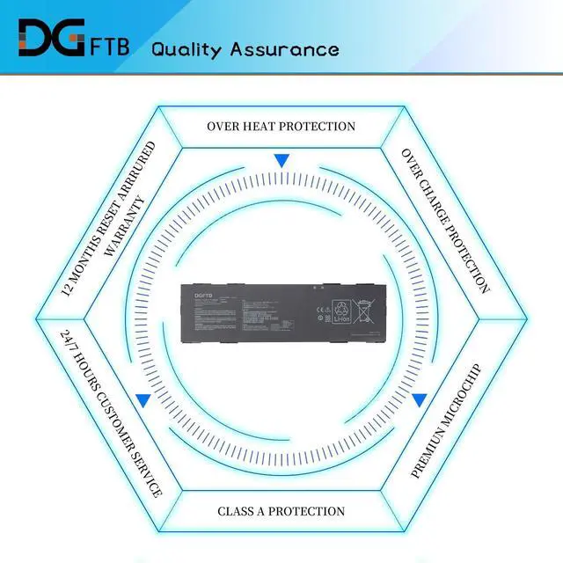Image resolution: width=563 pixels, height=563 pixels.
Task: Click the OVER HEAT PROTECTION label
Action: pyautogui.click(x=281, y=126)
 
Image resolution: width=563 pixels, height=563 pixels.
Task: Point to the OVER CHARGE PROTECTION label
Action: pyautogui.click(x=445, y=220)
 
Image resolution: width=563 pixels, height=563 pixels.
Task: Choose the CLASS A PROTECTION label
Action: pyautogui.click(x=281, y=511)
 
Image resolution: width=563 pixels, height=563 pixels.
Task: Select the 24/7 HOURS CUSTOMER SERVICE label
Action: pyautogui.click(x=111, y=413)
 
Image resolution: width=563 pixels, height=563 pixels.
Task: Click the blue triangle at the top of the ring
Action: pyautogui.click(x=281, y=161)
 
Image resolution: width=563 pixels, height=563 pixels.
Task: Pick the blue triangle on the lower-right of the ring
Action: pyautogui.click(x=420, y=399)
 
